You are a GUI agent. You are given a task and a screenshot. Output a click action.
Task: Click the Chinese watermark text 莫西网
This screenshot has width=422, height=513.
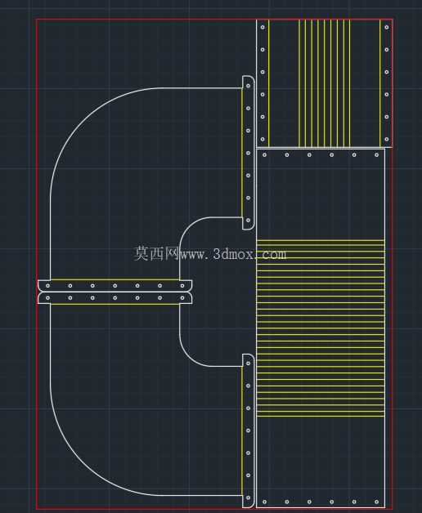[156, 253]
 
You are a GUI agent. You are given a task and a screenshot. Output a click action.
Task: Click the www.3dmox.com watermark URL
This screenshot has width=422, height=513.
[233, 254]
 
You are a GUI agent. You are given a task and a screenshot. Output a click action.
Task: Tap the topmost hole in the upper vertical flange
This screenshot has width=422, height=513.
[249, 86]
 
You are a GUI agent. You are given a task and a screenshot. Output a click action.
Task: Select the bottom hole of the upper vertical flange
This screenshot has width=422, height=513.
[249, 221]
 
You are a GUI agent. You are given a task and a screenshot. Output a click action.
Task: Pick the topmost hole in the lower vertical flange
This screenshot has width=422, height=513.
[249, 364]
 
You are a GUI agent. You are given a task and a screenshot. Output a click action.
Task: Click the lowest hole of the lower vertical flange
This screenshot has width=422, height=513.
[249, 497]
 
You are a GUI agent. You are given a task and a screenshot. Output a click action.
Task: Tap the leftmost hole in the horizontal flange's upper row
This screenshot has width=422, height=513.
[47, 286]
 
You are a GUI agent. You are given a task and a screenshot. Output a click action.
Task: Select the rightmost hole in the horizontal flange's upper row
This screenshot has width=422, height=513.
[182, 286]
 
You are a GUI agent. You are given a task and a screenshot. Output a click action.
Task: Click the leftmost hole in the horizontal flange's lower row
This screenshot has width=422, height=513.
[47, 297]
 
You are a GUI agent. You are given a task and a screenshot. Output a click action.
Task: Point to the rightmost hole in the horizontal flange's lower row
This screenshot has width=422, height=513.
[182, 297]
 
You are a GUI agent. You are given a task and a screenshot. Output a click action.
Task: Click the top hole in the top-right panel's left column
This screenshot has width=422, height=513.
[263, 27]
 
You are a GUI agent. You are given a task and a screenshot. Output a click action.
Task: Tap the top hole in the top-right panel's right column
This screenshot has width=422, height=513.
[387, 27]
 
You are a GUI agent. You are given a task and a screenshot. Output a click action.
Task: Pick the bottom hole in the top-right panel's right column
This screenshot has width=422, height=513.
[387, 139]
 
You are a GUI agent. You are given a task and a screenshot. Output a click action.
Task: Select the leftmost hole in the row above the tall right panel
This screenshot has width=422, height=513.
[265, 154]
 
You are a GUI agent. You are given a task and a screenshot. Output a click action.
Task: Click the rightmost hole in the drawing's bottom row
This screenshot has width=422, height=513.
[376, 502]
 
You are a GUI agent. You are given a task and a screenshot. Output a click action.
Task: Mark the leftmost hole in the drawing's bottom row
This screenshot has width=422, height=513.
[265, 502]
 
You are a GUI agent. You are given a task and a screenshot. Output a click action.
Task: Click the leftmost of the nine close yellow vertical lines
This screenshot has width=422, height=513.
[299, 83]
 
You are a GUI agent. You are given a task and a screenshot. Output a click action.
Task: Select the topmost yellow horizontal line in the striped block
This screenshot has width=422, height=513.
[321, 240]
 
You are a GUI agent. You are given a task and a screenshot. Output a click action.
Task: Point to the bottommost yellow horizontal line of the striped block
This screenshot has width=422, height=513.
[321, 416]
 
